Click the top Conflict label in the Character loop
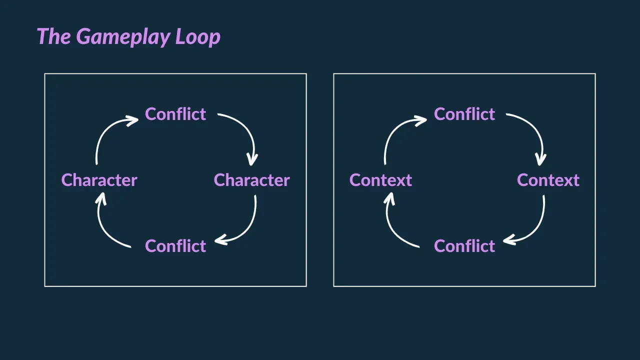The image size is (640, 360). [x=175, y=114]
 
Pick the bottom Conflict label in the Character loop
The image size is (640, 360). [x=175, y=246]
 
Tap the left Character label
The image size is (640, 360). [x=99, y=180]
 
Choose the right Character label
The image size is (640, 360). [x=251, y=180]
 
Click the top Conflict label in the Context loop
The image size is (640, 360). [x=464, y=114]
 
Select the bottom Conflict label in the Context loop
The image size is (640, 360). [x=464, y=246]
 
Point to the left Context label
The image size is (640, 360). [x=380, y=180]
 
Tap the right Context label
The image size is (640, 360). [x=548, y=180]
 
